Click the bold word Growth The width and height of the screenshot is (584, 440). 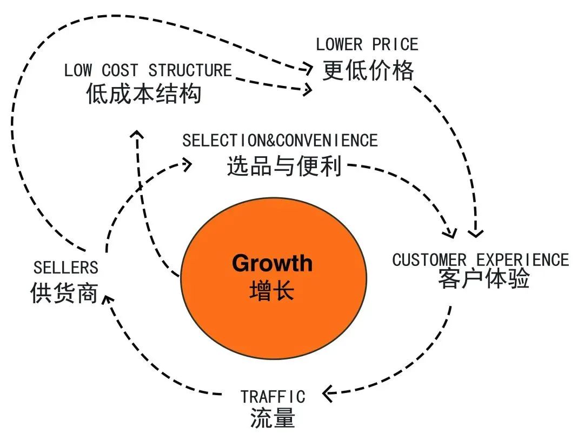pos(272,263)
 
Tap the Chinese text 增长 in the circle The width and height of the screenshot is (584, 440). pos(272,291)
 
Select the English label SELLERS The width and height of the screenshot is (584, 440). pos(66,267)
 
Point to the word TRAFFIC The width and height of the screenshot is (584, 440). pos(273,396)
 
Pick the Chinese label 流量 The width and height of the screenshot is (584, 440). pos(273,418)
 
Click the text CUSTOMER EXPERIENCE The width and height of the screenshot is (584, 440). pos(481,259)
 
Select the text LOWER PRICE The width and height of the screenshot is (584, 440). pos(367,44)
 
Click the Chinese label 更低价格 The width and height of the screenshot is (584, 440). pos(368,70)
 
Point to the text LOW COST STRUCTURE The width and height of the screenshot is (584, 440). pos(148,70)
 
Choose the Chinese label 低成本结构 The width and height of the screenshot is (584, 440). pos(144,94)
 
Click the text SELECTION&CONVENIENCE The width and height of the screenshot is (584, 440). pos(280,141)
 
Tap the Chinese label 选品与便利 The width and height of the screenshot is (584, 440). pos(284,166)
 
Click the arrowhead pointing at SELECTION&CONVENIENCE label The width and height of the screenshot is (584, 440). pos(187,164)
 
